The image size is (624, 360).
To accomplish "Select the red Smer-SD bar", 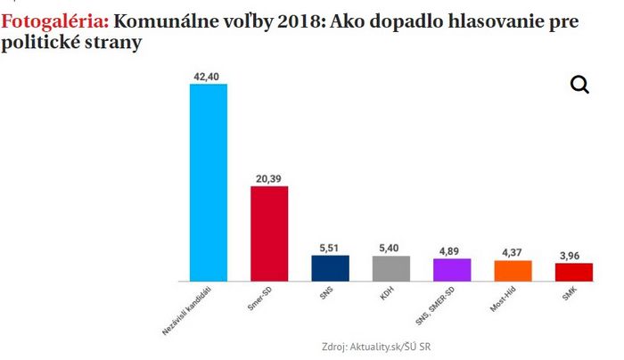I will (269, 233).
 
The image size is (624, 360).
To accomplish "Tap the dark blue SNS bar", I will (330, 268).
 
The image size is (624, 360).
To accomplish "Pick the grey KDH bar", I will (390, 268).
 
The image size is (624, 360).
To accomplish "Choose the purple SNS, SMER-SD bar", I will (452, 270).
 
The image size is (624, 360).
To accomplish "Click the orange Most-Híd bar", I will (513, 271).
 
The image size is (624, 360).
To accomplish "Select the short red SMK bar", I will (574, 272).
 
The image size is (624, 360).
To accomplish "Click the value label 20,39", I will (269, 179).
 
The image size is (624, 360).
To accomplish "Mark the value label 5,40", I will (390, 249).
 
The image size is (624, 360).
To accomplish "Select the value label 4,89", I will (452, 251).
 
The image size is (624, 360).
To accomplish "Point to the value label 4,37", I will (513, 253).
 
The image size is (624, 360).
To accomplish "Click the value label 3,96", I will (574, 256).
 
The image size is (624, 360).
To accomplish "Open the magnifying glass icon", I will (579, 85).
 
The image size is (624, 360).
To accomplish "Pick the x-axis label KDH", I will (388, 292).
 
